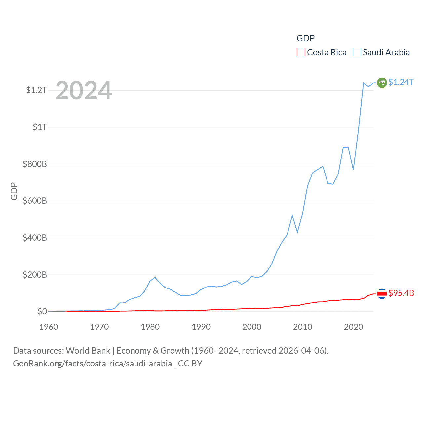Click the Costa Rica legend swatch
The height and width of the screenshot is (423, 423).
301,52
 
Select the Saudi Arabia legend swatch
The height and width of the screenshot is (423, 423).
357,52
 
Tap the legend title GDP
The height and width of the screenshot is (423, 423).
305,38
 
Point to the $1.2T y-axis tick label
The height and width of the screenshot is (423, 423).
36,90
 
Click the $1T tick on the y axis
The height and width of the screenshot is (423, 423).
40,127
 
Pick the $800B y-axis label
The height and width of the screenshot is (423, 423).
35,164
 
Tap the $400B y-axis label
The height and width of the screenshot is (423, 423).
35,238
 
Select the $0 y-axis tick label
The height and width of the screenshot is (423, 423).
42,311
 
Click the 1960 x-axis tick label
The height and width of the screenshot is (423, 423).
49,327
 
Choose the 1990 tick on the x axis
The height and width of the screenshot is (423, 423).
201,327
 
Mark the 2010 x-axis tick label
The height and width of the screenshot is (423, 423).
303,327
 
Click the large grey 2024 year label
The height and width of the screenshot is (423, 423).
84,91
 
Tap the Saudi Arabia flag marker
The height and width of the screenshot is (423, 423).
382,82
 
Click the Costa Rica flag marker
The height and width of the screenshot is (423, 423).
382,293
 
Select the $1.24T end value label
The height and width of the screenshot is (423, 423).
401,82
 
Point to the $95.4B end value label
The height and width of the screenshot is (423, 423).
401,293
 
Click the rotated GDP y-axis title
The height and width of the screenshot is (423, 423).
14,191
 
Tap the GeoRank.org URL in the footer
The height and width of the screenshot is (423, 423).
92,364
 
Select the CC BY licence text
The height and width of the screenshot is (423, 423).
190,364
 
